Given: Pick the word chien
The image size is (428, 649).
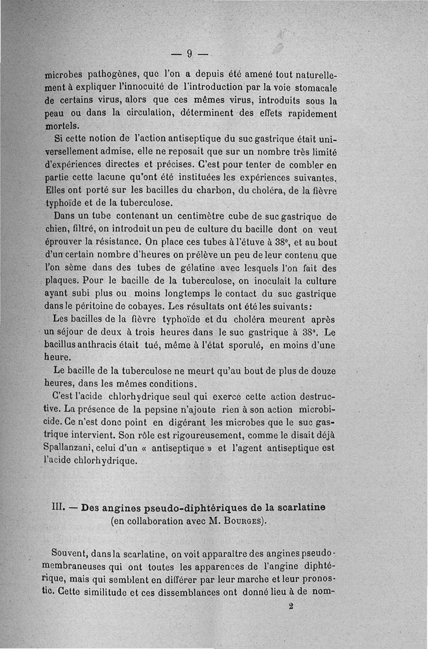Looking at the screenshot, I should [x=54, y=229].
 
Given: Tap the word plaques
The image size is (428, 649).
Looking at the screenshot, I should [x=61, y=281].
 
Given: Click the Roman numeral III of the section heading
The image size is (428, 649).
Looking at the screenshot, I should [x=59, y=505].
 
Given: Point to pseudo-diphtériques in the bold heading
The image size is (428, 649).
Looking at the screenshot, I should [x=192, y=506].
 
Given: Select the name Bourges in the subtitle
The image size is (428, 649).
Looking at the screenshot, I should [x=239, y=520].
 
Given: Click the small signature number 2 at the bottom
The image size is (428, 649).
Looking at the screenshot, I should [x=291, y=607].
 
